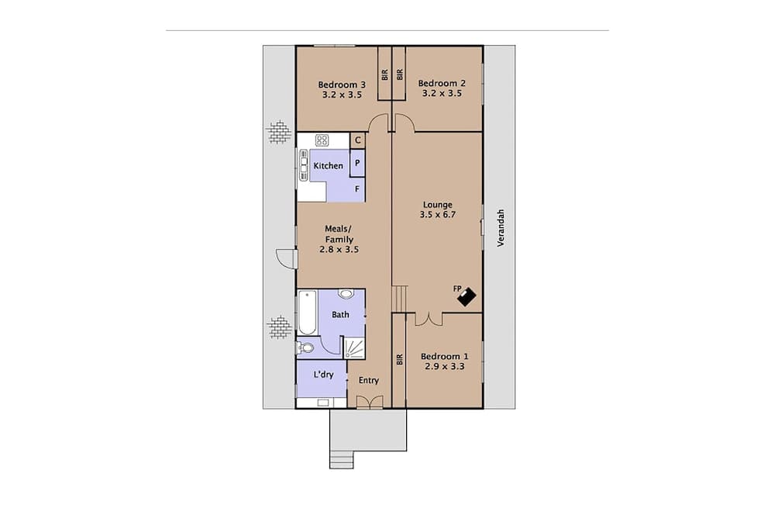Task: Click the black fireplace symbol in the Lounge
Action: pyautogui.click(x=467, y=295)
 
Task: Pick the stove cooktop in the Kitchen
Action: pyautogui.click(x=322, y=140)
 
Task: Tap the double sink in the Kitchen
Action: pyautogui.click(x=303, y=166)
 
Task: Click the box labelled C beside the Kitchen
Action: pyautogui.click(x=357, y=140)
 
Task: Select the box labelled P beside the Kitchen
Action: pyautogui.click(x=357, y=164)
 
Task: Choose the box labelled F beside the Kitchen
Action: pyautogui.click(x=357, y=188)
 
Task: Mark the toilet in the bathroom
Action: pyautogui.click(x=306, y=347)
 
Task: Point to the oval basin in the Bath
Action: pyautogui.click(x=346, y=294)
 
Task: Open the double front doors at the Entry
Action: pyautogui.click(x=369, y=401)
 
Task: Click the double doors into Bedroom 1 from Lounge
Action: pyautogui.click(x=429, y=319)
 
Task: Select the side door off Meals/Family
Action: pyautogui.click(x=286, y=258)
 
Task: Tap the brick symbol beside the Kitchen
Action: pyautogui.click(x=279, y=133)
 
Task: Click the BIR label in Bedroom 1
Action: pyautogui.click(x=399, y=359)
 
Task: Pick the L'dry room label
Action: pyautogui.click(x=324, y=375)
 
